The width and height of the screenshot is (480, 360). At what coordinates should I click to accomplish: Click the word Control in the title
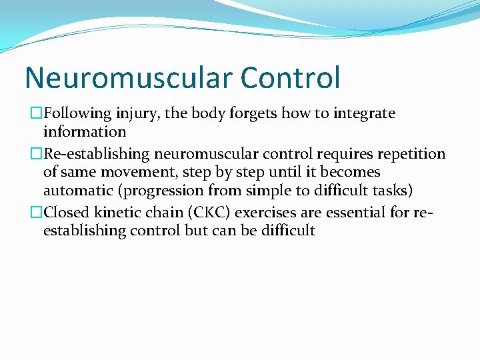coord(290,77)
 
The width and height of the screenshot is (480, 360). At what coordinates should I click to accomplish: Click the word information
coord(85,132)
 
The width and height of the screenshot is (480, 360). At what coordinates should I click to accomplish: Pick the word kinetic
coord(115,213)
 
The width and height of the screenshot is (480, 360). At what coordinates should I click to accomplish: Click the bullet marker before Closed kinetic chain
coord(37,213)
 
